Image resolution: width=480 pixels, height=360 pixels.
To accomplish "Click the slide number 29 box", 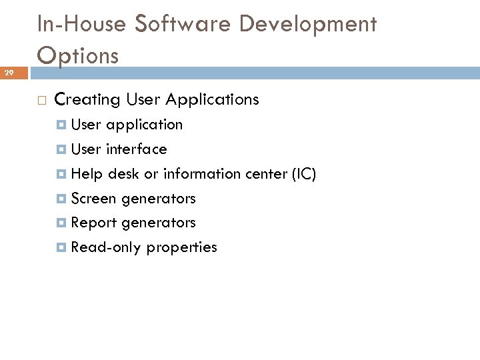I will [x=13, y=73].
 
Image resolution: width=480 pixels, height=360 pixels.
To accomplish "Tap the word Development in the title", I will [x=308, y=24].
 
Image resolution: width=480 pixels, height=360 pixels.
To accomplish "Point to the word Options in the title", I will [x=78, y=55].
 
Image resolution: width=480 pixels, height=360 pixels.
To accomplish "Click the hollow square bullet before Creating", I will [x=41, y=101].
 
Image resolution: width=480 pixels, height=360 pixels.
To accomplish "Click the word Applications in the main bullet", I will [x=212, y=100].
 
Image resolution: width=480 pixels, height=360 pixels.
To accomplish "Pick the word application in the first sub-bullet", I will [x=143, y=125].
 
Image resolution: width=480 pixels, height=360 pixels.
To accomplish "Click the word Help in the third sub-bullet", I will [x=87, y=174].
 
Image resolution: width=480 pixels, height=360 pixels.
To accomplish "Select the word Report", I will [x=93, y=223].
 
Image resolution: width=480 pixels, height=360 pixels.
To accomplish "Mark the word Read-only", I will [x=106, y=247].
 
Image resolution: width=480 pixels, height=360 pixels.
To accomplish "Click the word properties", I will [x=181, y=248].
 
